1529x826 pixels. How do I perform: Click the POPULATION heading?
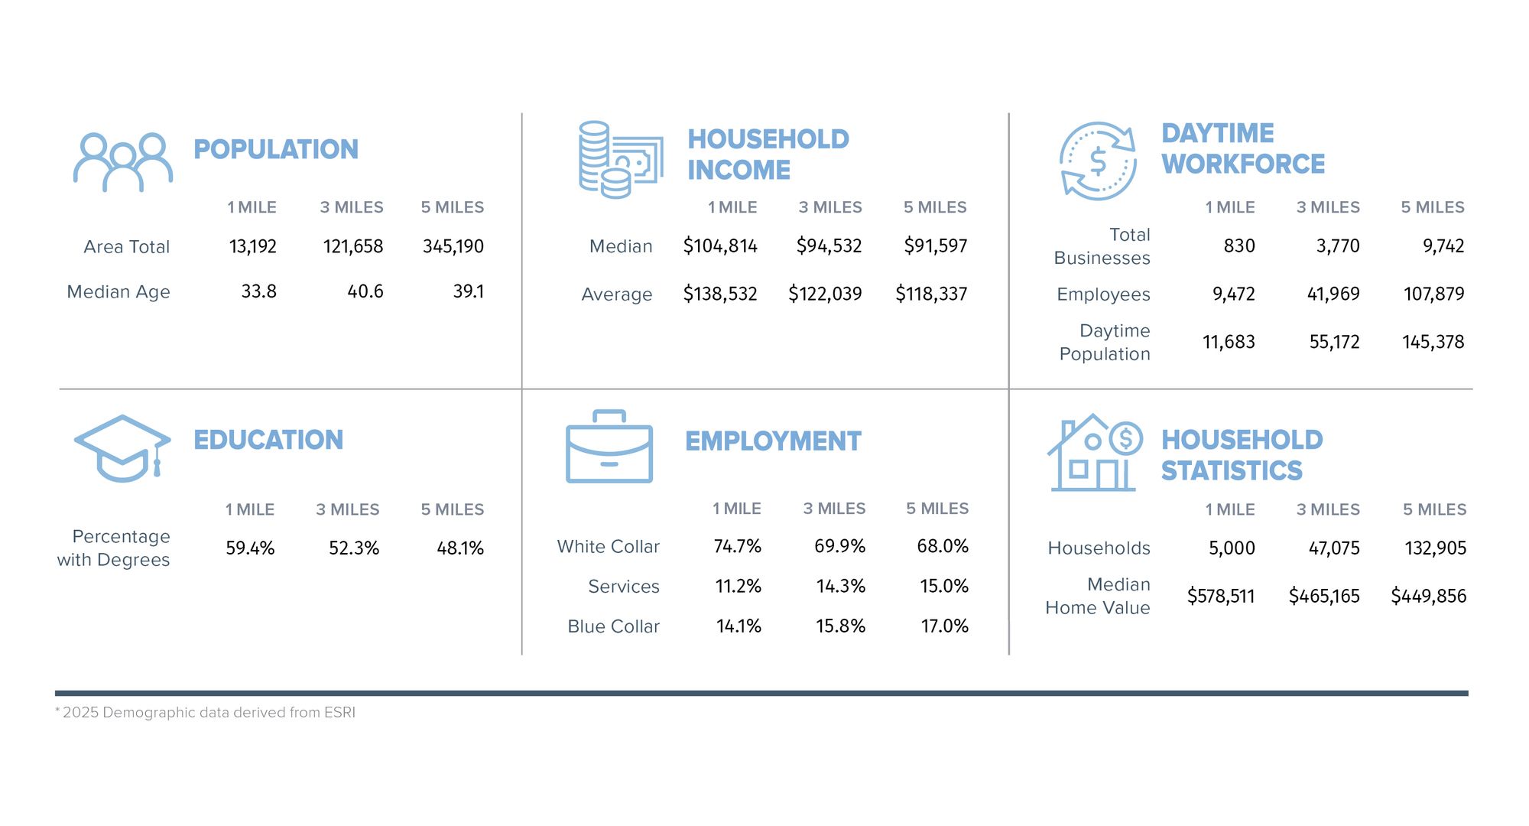point(276,149)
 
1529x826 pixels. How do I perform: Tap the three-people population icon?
point(123,161)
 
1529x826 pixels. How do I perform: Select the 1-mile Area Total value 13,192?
point(253,246)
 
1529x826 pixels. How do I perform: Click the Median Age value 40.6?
point(365,291)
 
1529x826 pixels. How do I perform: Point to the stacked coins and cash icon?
point(620,159)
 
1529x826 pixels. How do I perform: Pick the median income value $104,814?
point(719,246)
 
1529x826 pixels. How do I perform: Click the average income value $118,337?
point(931,294)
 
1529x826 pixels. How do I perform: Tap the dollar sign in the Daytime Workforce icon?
point(1098,161)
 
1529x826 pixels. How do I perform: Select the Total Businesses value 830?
point(1238,246)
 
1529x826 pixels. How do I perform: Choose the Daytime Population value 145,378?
point(1433,342)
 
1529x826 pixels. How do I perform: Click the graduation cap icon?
point(122,448)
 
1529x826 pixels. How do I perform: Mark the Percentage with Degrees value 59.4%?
point(250,548)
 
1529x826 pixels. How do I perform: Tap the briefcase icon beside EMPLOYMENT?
point(609,447)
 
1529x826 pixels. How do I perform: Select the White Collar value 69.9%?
point(839,546)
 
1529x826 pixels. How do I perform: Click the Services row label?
point(623,587)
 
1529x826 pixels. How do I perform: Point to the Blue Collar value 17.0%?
point(944,626)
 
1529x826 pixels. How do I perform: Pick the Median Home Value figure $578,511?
point(1220,596)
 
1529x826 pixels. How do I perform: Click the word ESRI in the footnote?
point(339,713)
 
